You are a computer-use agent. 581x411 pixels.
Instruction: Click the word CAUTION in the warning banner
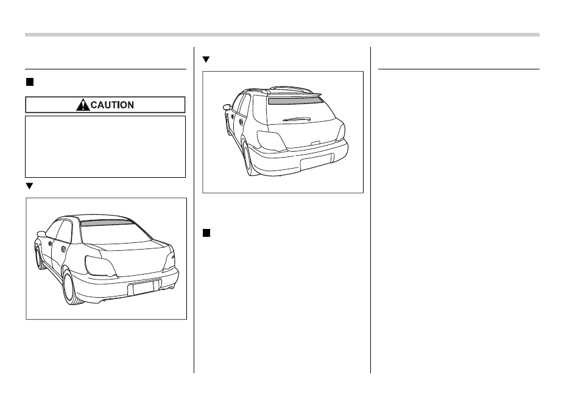112,105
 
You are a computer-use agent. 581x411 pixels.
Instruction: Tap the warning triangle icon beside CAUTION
83,105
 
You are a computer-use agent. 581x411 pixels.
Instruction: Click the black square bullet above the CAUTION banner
30,82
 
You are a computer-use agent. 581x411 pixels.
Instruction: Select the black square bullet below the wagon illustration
206,233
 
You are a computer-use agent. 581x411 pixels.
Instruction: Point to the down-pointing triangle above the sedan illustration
29,186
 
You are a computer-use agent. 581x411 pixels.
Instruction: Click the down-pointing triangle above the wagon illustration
206,59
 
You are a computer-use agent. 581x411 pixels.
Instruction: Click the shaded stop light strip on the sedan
107,222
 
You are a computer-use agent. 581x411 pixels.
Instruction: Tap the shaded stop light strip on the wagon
294,100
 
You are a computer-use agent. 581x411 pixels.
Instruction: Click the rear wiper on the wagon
297,119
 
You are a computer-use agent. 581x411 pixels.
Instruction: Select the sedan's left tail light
100,265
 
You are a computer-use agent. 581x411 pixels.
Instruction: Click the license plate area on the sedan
144,287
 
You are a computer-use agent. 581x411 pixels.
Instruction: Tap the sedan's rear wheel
71,288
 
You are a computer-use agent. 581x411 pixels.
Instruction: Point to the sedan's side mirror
41,234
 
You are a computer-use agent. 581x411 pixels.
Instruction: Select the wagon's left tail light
271,141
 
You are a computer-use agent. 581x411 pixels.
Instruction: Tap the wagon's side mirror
227,107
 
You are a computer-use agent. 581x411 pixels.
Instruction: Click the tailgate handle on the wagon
315,142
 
